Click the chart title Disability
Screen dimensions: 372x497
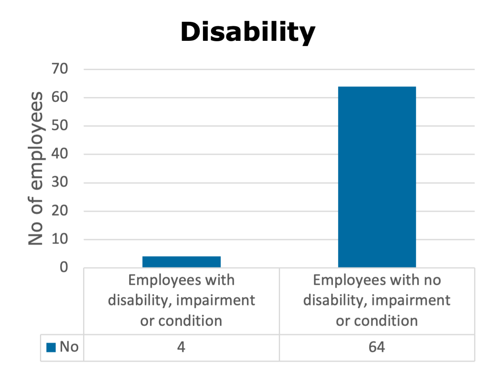click(x=248, y=32)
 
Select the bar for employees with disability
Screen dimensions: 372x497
click(x=182, y=262)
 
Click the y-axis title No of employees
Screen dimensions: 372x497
click(x=36, y=168)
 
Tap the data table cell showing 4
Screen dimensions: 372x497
click(x=181, y=347)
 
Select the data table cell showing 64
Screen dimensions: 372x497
click(x=377, y=347)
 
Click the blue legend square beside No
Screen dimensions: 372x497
click(x=51, y=347)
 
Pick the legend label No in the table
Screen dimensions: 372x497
click(x=69, y=347)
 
